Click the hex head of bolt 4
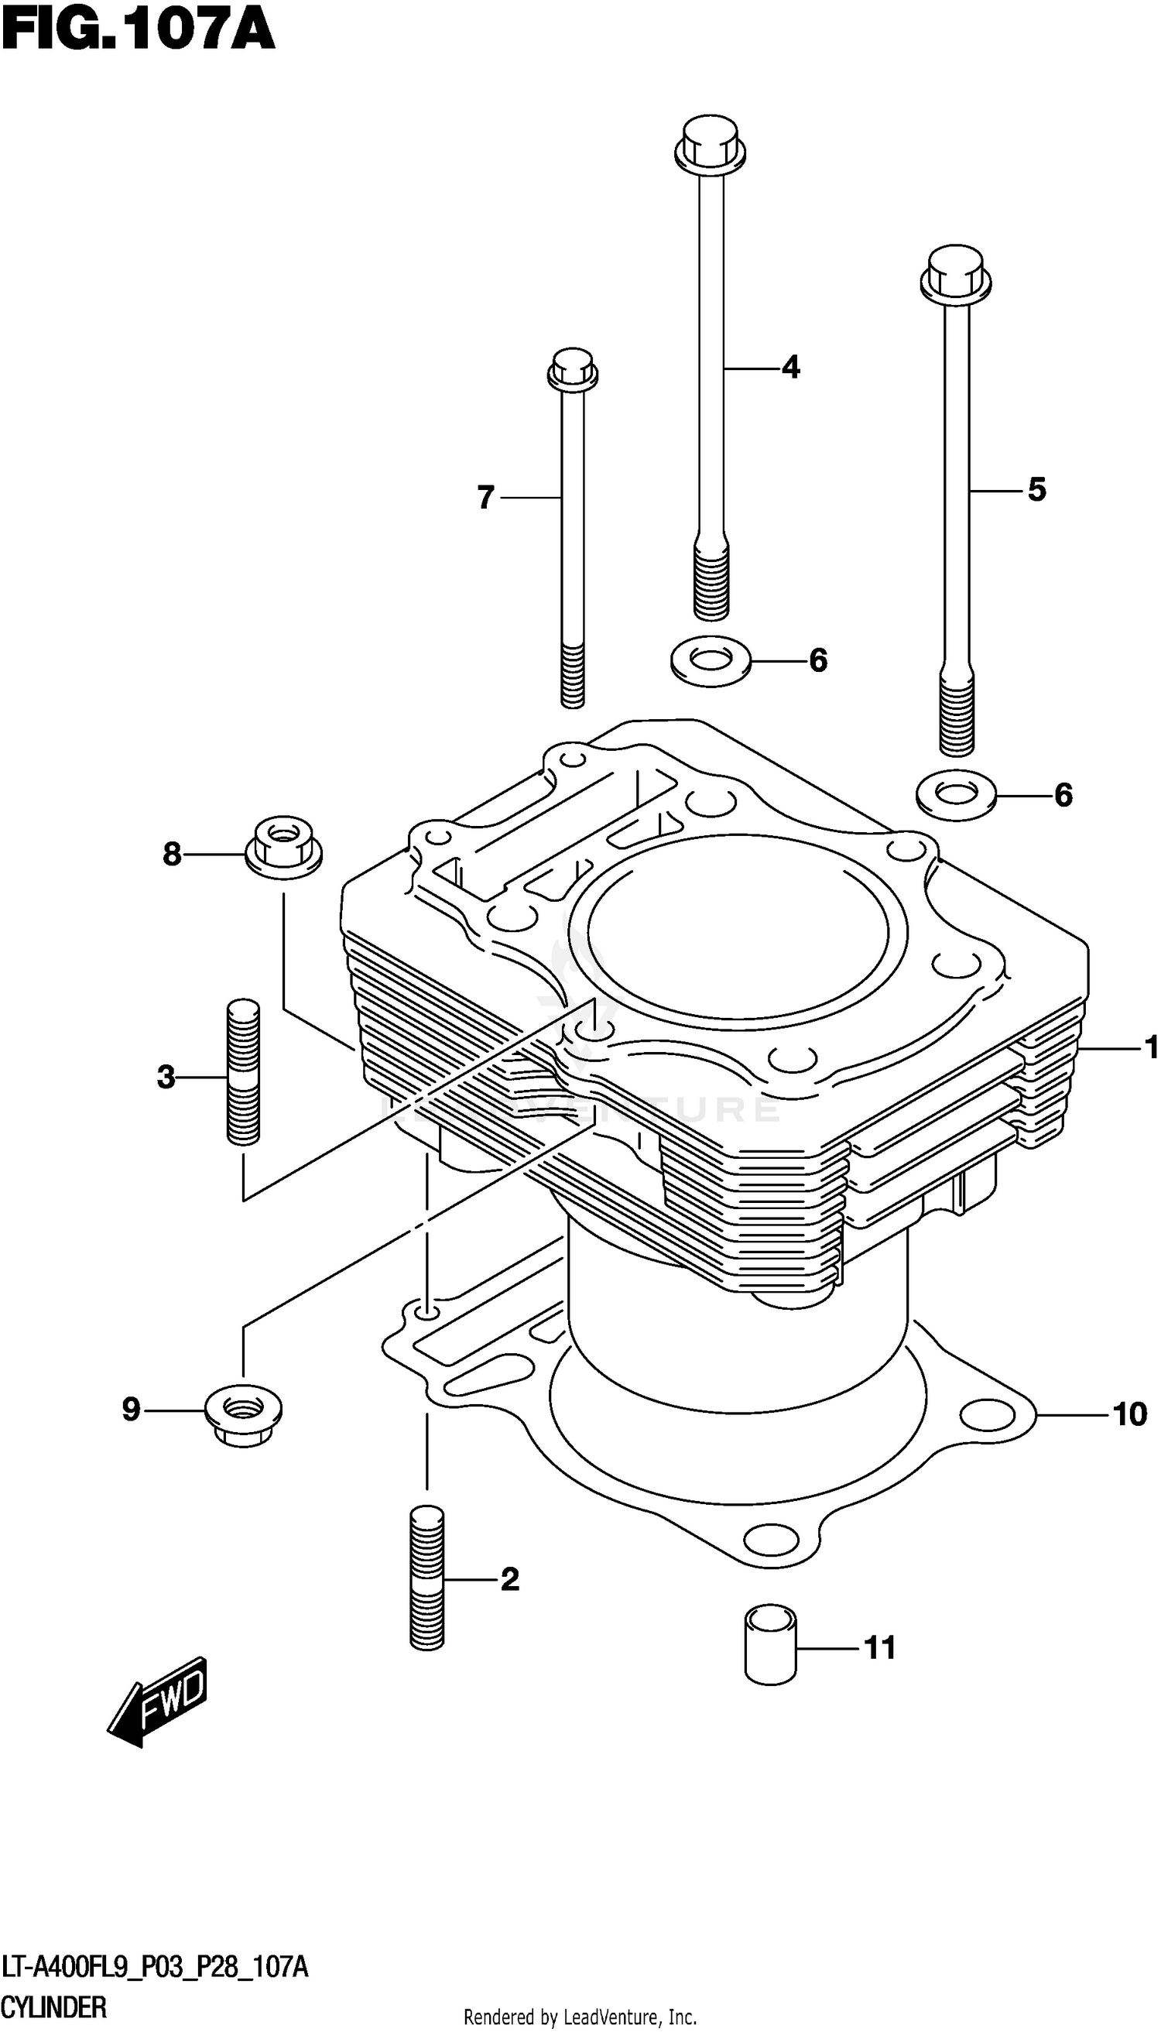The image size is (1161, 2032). point(710,146)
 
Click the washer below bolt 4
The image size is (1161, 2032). point(710,661)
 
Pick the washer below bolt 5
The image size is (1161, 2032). point(955,794)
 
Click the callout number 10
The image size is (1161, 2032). point(1129,1415)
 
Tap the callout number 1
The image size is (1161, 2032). point(1150,1047)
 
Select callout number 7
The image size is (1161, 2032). point(485,498)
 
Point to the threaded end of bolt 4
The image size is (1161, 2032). point(710,582)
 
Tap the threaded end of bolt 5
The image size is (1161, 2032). point(956,714)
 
